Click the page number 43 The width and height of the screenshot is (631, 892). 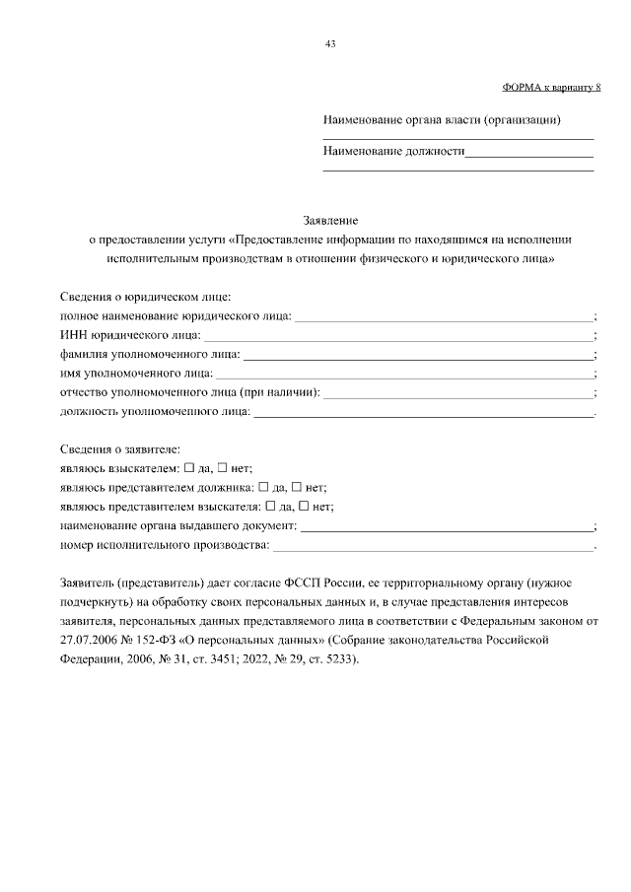330,43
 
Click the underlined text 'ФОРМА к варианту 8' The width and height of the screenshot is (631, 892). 551,88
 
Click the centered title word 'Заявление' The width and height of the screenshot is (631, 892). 329,220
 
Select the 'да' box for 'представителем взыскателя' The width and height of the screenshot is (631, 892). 271,506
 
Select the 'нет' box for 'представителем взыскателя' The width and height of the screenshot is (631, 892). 305,506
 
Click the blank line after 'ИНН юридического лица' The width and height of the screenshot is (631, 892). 398,339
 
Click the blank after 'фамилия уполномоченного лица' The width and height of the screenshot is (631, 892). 418,358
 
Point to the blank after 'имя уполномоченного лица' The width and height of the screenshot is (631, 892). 404,377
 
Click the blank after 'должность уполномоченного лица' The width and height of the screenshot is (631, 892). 424,414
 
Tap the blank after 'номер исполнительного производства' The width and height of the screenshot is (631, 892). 433,547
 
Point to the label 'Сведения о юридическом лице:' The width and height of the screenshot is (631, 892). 145,297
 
